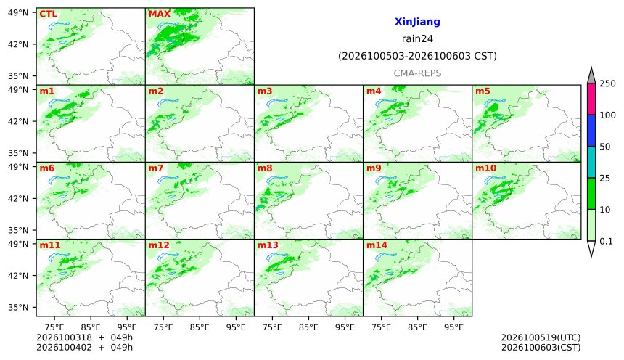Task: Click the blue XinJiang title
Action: [417, 22]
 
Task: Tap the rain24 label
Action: [417, 38]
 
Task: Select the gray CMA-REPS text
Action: [417, 73]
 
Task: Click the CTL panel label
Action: [48, 14]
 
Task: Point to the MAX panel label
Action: [159, 14]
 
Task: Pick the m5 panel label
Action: [483, 91]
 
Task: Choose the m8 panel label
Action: [265, 168]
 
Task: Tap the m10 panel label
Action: [486, 168]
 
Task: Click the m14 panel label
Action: [377, 245]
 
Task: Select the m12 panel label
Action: [159, 245]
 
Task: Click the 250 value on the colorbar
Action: [608, 83]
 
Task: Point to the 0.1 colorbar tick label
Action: [606, 241]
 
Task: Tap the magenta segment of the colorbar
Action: [591, 99]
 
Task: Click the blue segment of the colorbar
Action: [591, 131]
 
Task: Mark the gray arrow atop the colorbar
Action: [591, 76]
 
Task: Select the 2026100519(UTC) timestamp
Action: [541, 337]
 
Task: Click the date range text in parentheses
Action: [417, 56]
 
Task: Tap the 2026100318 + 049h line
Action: [84, 337]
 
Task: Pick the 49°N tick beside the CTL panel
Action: [18, 13]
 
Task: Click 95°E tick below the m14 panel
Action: [453, 327]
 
